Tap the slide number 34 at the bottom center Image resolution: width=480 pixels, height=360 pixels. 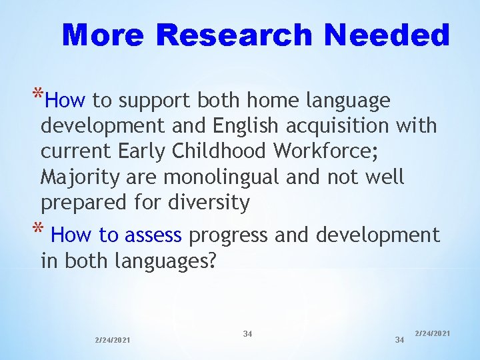[x=247, y=333]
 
